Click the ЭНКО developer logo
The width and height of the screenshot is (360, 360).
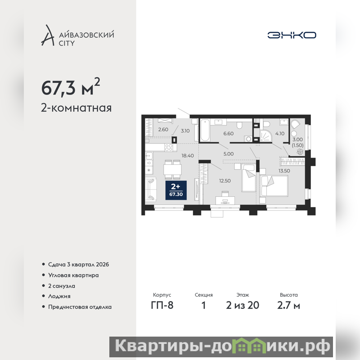(x=292, y=35)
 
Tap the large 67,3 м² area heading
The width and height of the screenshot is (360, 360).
(x=71, y=87)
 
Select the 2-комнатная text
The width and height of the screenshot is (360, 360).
(x=76, y=108)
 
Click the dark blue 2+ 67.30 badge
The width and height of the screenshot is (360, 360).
(x=176, y=190)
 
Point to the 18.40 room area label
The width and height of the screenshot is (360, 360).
(x=188, y=156)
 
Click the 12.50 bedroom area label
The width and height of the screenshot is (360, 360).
(x=225, y=181)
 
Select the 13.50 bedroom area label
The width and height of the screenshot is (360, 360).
(x=284, y=171)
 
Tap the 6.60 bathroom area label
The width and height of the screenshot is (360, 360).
(x=229, y=134)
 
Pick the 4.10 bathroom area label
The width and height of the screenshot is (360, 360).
(x=280, y=134)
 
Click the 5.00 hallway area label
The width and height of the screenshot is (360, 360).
(x=229, y=154)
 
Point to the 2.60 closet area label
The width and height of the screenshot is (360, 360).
(x=163, y=130)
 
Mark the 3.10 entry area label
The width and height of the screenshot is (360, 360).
(x=185, y=131)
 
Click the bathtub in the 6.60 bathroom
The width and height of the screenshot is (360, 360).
(x=205, y=130)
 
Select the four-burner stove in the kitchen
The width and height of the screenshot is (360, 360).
(x=169, y=148)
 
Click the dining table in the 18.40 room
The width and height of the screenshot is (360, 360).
(x=173, y=170)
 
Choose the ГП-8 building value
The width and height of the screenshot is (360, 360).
(x=162, y=306)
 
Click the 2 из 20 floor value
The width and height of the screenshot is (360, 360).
(x=243, y=306)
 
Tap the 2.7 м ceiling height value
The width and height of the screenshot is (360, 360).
(x=288, y=306)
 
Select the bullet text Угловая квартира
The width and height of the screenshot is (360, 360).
(x=73, y=275)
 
